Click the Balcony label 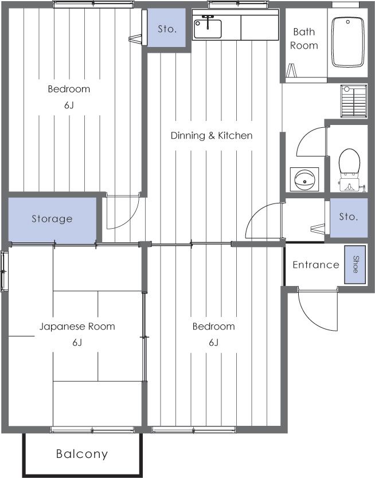pos(81,455)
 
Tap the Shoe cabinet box pos(355,264)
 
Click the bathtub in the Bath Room pos(349,41)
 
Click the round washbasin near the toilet pos(303,179)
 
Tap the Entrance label pos(315,265)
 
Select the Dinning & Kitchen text pos(212,136)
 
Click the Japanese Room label pos(77,327)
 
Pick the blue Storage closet pos(52,219)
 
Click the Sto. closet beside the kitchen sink pos(167,28)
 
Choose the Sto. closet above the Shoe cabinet pos(348,217)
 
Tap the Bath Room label pos(304,39)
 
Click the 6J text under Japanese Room pos(77,343)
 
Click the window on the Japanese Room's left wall pos(5,271)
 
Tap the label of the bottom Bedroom pos(213,327)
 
